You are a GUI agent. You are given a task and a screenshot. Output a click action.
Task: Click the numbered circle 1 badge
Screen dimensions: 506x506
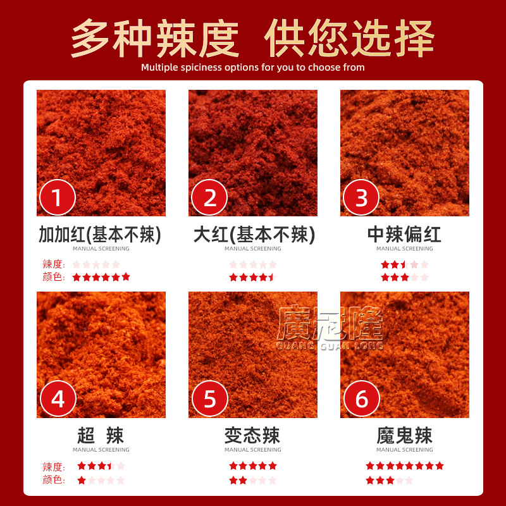pyautogui.click(x=58, y=197)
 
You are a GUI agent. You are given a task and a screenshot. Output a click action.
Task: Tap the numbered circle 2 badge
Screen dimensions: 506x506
pyautogui.click(x=209, y=197)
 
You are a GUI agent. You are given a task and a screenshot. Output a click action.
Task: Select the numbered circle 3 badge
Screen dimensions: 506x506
pyautogui.click(x=361, y=197)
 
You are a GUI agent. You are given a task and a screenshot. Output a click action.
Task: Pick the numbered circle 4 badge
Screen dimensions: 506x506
pyautogui.click(x=58, y=399)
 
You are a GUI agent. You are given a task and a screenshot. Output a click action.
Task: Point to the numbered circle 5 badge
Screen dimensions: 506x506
pyautogui.click(x=209, y=399)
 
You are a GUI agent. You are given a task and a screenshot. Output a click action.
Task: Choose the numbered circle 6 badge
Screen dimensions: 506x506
pyautogui.click(x=361, y=399)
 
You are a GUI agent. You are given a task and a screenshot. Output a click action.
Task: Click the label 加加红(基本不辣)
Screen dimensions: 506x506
pyautogui.click(x=101, y=235)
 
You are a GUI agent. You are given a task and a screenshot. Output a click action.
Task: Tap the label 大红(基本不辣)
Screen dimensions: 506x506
pyautogui.click(x=253, y=235)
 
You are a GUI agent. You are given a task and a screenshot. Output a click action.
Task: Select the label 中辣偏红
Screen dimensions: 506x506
pyautogui.click(x=404, y=235)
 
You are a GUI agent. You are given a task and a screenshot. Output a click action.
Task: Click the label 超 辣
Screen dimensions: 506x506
pyautogui.click(x=101, y=436)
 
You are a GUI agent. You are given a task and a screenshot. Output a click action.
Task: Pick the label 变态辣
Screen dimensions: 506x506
pyautogui.click(x=253, y=436)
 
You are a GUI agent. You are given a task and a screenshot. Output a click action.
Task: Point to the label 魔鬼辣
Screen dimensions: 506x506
pyautogui.click(x=404, y=436)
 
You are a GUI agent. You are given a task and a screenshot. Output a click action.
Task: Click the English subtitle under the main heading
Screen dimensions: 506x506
pyautogui.click(x=253, y=67)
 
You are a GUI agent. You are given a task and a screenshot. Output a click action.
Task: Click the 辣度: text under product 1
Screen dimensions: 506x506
pyautogui.click(x=54, y=264)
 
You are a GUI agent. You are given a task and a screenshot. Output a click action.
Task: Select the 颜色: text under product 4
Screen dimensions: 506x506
pyautogui.click(x=54, y=480)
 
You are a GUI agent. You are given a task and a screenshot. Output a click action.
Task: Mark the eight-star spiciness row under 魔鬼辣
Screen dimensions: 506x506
pyautogui.click(x=404, y=466)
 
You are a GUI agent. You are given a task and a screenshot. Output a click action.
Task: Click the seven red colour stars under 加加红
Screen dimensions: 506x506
pyautogui.click(x=101, y=277)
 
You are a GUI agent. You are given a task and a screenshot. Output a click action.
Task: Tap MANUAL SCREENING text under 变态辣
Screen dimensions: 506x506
pyautogui.click(x=253, y=450)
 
